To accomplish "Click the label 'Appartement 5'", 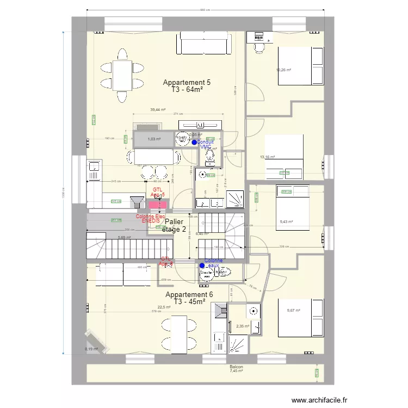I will click(187, 83).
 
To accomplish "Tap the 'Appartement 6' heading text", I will click(189, 294).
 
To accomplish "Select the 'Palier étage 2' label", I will click(175, 225).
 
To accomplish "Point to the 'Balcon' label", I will click(236, 367).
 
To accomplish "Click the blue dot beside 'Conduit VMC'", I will click(194, 143).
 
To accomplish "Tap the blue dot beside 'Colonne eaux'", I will click(202, 266).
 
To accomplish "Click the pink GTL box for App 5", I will click(158, 204).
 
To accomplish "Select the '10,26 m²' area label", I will click(283, 70).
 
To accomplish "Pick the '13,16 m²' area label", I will click(268, 157).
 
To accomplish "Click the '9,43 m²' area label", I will click(286, 221).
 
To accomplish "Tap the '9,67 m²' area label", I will click(293, 311).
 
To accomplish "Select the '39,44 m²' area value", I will click(158, 109).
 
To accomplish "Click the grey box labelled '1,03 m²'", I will click(153, 139).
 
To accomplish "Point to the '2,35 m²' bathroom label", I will click(242, 326).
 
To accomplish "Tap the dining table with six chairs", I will click(123, 76).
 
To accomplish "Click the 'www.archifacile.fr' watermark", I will click(311, 400).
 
